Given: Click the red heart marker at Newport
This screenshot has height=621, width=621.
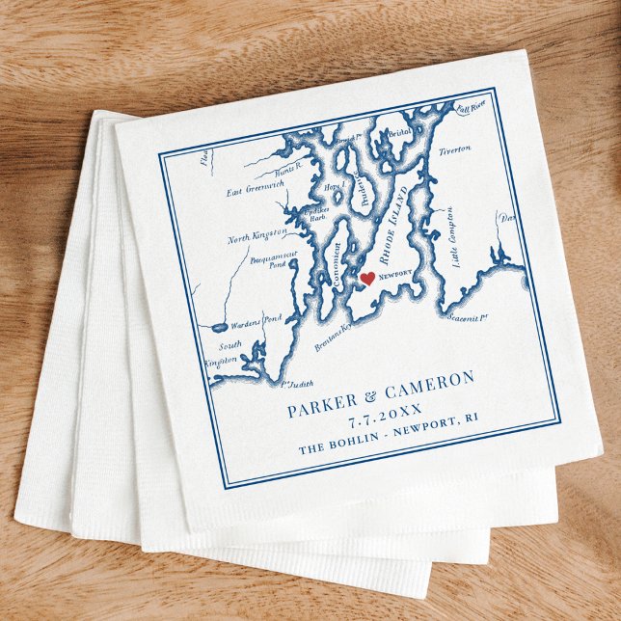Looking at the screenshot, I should click(x=366, y=279).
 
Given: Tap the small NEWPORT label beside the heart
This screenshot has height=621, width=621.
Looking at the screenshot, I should click(x=396, y=274).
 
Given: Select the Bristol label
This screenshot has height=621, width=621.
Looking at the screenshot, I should click(x=398, y=133).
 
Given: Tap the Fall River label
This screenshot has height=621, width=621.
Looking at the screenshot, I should click(x=471, y=108).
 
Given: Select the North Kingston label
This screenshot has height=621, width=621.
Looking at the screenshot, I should click(x=257, y=234).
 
